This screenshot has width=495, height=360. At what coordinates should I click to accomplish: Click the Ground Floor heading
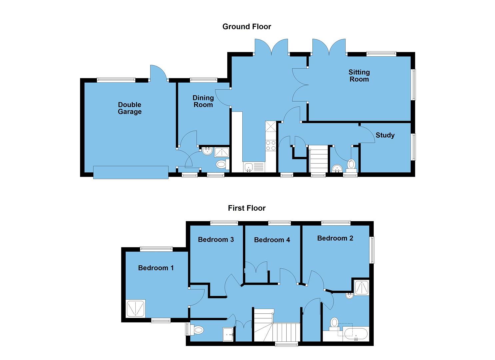pos(247,27)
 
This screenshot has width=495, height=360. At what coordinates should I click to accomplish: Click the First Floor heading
pos(247,208)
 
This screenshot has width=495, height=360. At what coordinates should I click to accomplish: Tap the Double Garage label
pos(130,108)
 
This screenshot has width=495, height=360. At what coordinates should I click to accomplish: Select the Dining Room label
pos(203,101)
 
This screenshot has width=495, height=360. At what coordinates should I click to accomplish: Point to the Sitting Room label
pos(359,76)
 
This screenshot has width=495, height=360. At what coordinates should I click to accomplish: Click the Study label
pos(385,135)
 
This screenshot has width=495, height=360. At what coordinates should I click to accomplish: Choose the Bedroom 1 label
pos(156,268)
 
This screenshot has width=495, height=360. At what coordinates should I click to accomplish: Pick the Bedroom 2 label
pos(335,238)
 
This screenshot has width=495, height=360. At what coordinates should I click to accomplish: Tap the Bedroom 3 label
pos(216,240)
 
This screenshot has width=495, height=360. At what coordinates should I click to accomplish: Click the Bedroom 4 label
pos(272,240)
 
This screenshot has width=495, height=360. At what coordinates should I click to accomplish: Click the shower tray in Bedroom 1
pos(136,309)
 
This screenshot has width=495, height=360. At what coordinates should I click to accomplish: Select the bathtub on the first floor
pos(355,333)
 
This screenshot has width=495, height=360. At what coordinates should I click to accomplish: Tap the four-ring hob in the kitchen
pos(270,145)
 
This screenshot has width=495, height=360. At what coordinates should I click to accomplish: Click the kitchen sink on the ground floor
pos(254,167)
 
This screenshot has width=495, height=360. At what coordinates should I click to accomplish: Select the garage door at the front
pos(131,172)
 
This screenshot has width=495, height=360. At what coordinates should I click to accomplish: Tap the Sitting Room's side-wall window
pos(413,84)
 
